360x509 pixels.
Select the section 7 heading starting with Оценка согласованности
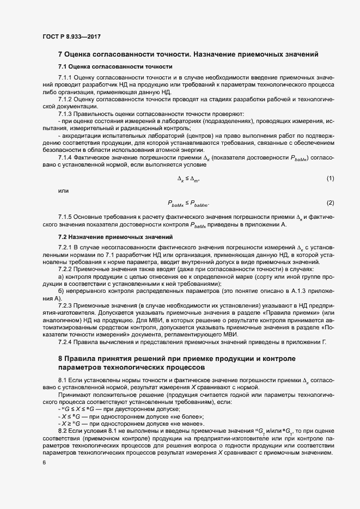click(x=188, y=54)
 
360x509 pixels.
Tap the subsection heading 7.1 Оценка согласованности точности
click(x=115, y=66)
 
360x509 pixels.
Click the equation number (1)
click(x=330, y=179)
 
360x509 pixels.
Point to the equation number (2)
click(x=330, y=203)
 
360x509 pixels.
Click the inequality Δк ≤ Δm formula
click(x=189, y=179)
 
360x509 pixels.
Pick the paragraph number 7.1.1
click(x=65, y=78)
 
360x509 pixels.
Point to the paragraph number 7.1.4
click(x=65, y=157)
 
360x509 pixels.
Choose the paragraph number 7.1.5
click(x=65, y=217)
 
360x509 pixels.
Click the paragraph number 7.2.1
click(x=65, y=248)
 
